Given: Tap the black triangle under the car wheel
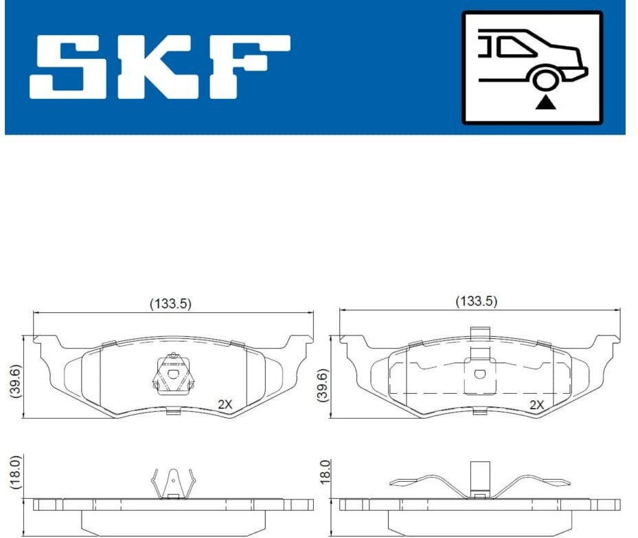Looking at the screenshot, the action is pyautogui.click(x=545, y=103).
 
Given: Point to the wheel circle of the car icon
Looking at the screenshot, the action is pyautogui.click(x=545, y=80).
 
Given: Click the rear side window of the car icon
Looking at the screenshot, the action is pyautogui.click(x=514, y=47).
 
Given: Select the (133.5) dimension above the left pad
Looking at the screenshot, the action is pyautogui.click(x=170, y=303).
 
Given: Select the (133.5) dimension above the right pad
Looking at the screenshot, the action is pyautogui.click(x=477, y=301).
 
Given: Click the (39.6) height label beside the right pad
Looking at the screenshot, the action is pyautogui.click(x=324, y=386).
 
